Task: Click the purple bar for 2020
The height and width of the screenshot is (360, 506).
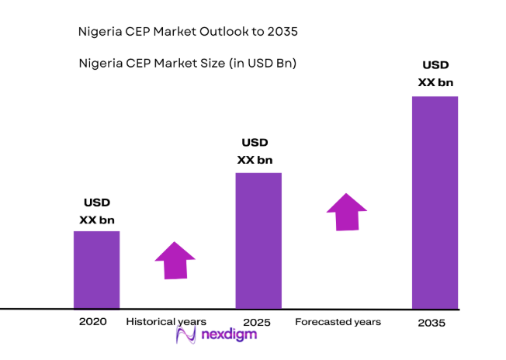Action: pos(96,269)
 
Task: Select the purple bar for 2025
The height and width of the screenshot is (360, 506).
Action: pos(258,240)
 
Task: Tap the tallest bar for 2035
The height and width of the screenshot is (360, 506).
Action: pos(435,202)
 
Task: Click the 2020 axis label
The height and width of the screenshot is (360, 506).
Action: pos(93,321)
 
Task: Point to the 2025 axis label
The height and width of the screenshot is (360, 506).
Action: pos(256,321)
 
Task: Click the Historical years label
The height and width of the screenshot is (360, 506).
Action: pos(166,321)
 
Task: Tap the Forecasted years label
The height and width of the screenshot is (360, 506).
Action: pos(338,321)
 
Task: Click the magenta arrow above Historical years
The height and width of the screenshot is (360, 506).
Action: pos(175,260)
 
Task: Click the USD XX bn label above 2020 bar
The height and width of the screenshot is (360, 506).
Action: pos(97,212)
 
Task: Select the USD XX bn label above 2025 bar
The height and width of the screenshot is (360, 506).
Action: pos(255,151)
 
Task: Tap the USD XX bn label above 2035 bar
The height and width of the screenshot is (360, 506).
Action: pos(435,74)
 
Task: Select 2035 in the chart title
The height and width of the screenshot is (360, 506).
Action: pos(282,32)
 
